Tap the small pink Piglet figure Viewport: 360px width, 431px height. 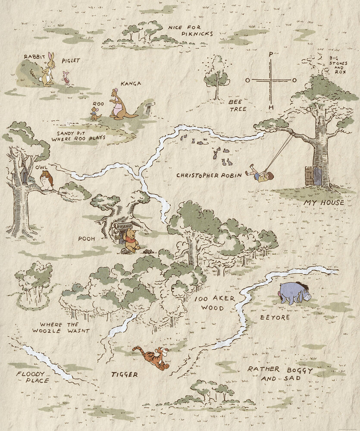pos(66,78)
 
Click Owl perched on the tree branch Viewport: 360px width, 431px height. pos(47,180)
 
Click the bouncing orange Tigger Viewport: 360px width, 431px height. pos(152,357)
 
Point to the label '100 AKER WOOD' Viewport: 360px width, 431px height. pos(209,303)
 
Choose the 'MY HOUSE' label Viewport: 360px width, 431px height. pos(323,203)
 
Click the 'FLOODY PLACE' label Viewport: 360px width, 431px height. pos(33,377)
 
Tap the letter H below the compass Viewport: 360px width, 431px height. pos(271,107)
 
